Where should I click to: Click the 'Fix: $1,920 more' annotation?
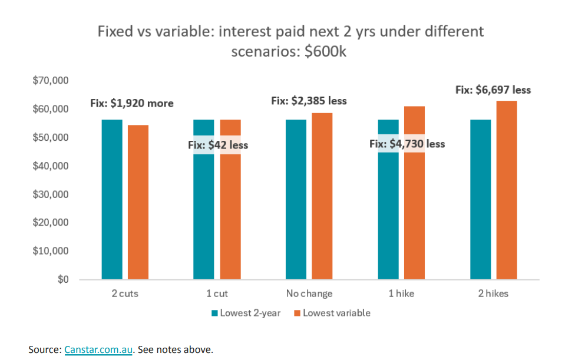tap(131, 103)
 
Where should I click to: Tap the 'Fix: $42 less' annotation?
tap(218, 144)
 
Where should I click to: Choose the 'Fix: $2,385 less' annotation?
tap(309, 101)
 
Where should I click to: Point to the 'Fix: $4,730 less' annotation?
tap(407, 143)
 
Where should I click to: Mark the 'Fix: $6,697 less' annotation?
tap(493, 90)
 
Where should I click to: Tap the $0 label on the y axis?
tap(62, 279)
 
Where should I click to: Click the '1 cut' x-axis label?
tap(217, 293)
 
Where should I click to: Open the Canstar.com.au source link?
tap(98, 349)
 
